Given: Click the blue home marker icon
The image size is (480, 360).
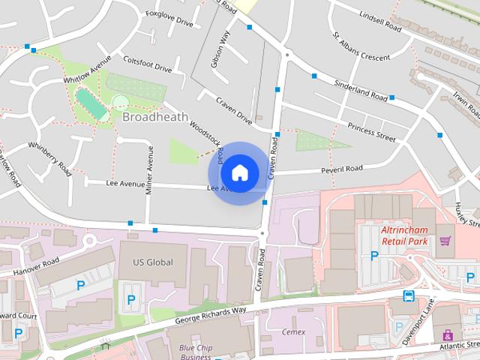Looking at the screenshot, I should click(x=239, y=172).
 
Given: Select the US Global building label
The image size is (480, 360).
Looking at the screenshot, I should click(x=152, y=262).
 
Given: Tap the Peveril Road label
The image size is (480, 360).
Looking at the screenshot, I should click(x=341, y=169).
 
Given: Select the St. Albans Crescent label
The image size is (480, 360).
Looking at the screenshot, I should click(x=361, y=46).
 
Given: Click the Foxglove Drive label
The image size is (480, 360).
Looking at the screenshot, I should click(x=169, y=19).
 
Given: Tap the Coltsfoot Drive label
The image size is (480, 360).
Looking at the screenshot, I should click(x=148, y=65).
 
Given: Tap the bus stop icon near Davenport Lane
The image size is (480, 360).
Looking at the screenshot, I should click(x=409, y=295).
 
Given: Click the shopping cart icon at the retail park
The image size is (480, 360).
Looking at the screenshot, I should click(x=445, y=241).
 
